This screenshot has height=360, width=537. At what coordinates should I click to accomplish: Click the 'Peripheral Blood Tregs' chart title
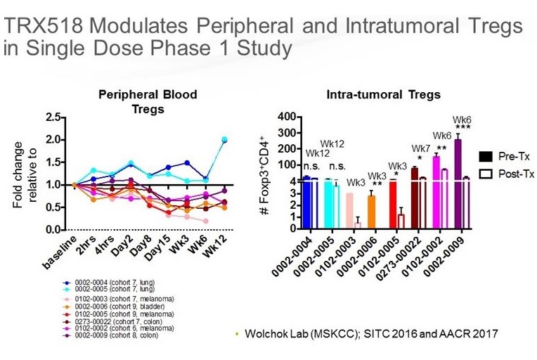click(x=147, y=101)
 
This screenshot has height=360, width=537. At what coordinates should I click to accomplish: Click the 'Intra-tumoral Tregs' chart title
click(x=383, y=95)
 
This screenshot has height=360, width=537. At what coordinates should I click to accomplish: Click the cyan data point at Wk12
click(x=224, y=139)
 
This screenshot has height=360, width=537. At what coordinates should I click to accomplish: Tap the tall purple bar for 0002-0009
click(x=458, y=183)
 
